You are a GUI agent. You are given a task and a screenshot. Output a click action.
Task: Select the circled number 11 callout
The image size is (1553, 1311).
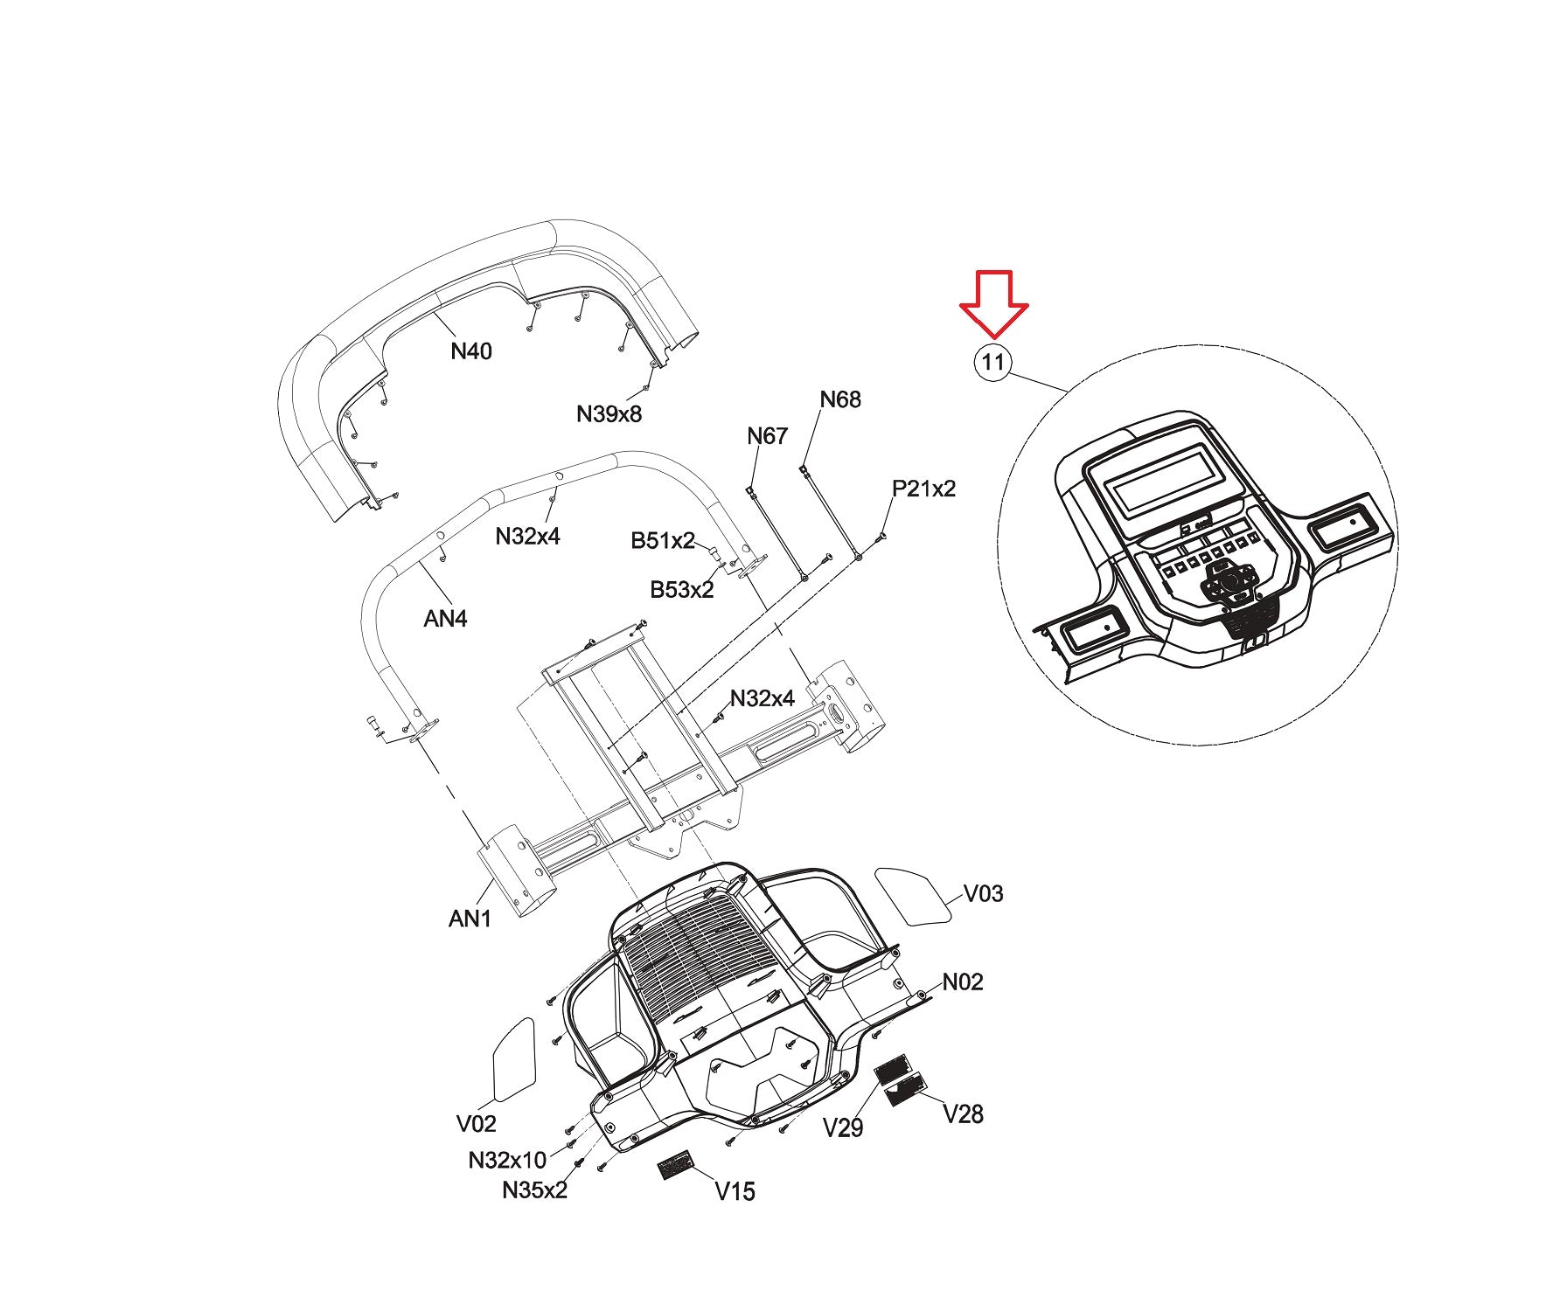coord(992,362)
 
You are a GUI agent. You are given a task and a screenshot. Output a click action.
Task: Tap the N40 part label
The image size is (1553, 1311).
coord(471,351)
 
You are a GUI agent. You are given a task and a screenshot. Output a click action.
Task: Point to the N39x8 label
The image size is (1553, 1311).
coord(609,413)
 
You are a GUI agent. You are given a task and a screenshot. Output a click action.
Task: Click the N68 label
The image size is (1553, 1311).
coord(840,399)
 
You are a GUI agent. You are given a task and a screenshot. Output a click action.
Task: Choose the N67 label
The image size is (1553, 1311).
coord(767,435)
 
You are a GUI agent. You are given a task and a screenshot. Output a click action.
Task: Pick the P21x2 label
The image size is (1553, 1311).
coord(923,489)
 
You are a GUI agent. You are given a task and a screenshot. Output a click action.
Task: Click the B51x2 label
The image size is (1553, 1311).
coord(663,541)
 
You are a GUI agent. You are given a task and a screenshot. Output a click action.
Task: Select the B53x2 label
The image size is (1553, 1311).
coord(681,590)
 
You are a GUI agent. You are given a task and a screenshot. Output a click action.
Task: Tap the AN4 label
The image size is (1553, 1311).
coord(445,619)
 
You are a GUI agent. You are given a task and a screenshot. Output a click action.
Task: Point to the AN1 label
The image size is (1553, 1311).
coord(470,919)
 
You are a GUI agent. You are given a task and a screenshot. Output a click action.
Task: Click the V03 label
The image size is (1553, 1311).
coord(983,893)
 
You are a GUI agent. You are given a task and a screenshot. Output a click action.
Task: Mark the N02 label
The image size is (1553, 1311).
coord(963,982)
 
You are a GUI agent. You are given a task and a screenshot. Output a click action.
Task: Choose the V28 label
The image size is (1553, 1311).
coord(963,1113)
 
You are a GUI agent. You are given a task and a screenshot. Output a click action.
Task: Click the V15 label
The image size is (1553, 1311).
coord(735,1191)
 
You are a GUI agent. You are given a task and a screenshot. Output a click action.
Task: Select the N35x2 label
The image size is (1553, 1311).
coord(534,1190)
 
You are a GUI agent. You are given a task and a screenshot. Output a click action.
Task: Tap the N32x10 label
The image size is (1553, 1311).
coord(507,1160)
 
